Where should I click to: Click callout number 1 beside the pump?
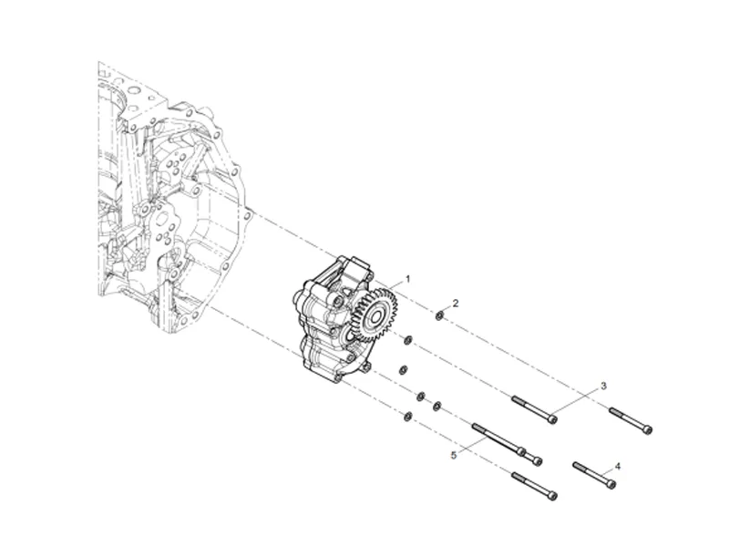(x=408, y=277)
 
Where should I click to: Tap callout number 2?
(x=456, y=302)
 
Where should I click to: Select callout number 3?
(x=601, y=386)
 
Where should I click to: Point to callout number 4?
(x=618, y=465)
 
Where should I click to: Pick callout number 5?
(x=452, y=453)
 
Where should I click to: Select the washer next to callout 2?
(x=439, y=316)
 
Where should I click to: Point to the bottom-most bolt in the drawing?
(x=534, y=486)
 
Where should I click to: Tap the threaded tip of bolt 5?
(x=476, y=426)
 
